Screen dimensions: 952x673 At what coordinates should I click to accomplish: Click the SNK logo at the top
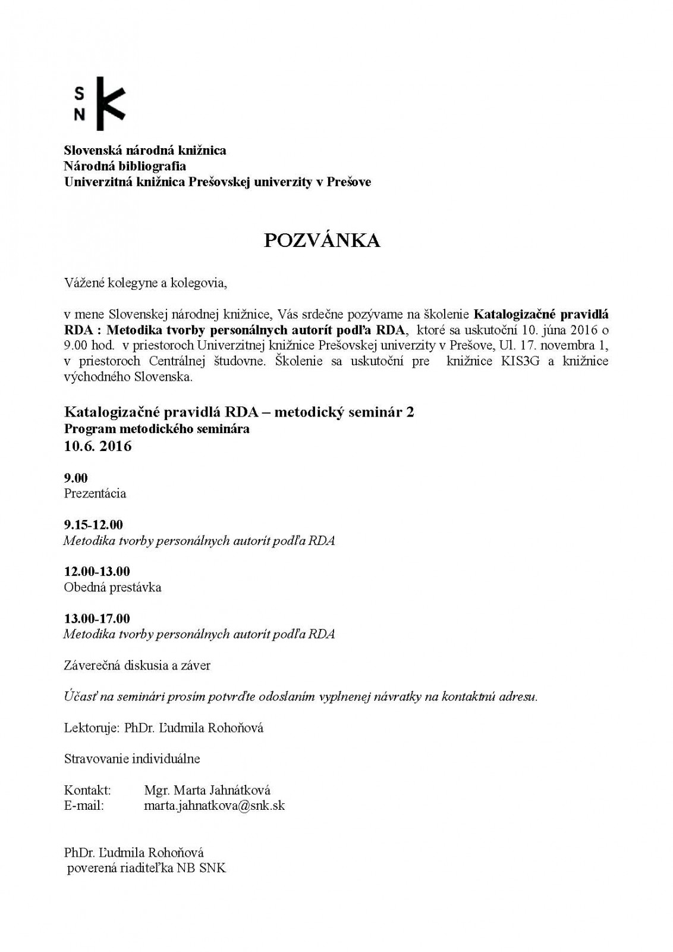99,104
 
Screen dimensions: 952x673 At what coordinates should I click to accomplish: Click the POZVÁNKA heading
322,240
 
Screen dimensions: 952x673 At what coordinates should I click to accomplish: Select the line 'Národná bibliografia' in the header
125,166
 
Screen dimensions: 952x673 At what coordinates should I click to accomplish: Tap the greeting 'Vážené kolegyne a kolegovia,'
146,283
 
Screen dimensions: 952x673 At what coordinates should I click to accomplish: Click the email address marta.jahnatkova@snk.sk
214,806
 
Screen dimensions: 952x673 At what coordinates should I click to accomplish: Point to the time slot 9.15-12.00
93,525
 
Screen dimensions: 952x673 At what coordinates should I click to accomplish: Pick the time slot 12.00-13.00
97,571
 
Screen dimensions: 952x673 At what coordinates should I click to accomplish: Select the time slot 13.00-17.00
97,618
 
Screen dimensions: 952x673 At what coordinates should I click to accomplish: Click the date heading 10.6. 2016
98,446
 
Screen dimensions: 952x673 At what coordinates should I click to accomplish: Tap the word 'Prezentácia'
95,493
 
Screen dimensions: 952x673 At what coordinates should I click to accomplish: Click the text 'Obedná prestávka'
112,587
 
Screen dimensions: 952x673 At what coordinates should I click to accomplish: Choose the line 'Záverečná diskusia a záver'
137,665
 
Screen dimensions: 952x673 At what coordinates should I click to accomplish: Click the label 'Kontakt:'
87,790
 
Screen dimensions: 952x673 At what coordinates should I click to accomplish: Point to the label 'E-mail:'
84,806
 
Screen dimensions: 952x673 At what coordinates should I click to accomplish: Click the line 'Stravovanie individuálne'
132,759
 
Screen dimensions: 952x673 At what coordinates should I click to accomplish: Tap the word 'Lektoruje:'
90,728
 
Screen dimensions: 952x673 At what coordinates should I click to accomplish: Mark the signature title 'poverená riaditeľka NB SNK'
146,868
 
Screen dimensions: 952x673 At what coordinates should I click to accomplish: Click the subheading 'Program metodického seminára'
157,428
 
